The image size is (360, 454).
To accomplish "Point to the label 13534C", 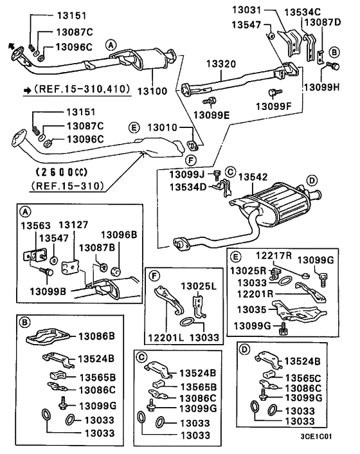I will coord(302,11).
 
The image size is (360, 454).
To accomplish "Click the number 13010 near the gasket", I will coord(165,127).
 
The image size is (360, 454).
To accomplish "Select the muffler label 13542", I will coord(257,176).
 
